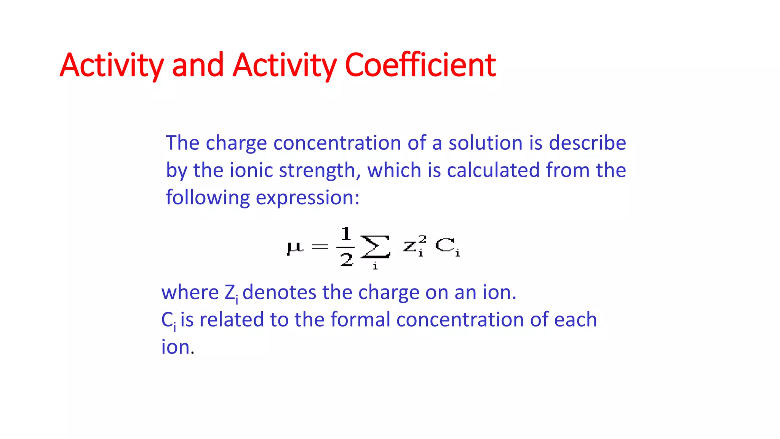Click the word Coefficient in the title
coord(420,65)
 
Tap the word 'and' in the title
coord(198,65)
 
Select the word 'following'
coord(208,198)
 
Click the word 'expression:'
coord(307,198)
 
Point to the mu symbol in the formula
coord(295,247)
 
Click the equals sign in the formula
coord(320,247)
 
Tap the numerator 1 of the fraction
coord(346,234)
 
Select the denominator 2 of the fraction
coord(346,260)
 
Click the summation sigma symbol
coord(375,247)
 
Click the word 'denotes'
coord(279,293)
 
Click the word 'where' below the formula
coord(190,293)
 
